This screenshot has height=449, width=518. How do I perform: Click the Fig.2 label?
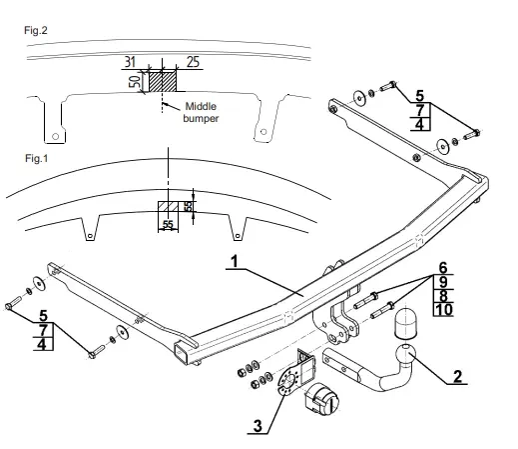tap(36, 31)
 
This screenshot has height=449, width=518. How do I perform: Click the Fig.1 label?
tap(37, 158)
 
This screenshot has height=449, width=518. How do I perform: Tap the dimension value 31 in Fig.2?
tap(131, 62)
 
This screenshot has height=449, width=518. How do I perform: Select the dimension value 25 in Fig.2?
tap(193, 62)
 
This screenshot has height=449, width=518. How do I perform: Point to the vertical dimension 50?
tap(135, 81)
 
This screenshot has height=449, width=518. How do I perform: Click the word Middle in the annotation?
tap(201, 107)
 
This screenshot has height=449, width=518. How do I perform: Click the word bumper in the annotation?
tap(201, 118)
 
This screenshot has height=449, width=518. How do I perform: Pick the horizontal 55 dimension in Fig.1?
tap(168, 224)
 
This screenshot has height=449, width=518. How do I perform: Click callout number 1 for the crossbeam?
tap(235, 261)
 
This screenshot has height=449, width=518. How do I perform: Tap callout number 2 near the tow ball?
tap(458, 377)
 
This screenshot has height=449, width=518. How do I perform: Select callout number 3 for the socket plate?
tap(258, 426)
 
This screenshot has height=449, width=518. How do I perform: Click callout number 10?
tap(443, 310)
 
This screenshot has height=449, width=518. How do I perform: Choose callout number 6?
tap(443, 268)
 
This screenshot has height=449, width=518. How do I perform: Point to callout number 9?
tap(443, 282)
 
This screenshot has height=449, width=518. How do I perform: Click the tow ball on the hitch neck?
tap(405, 354)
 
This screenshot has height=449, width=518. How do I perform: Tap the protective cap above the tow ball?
tap(405, 323)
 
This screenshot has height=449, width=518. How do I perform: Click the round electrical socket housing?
tap(322, 399)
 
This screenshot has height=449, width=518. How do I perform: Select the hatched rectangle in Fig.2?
tap(162, 81)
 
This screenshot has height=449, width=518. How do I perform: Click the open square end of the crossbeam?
tap(182, 353)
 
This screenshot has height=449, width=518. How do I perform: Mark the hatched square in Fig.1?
tap(168, 206)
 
